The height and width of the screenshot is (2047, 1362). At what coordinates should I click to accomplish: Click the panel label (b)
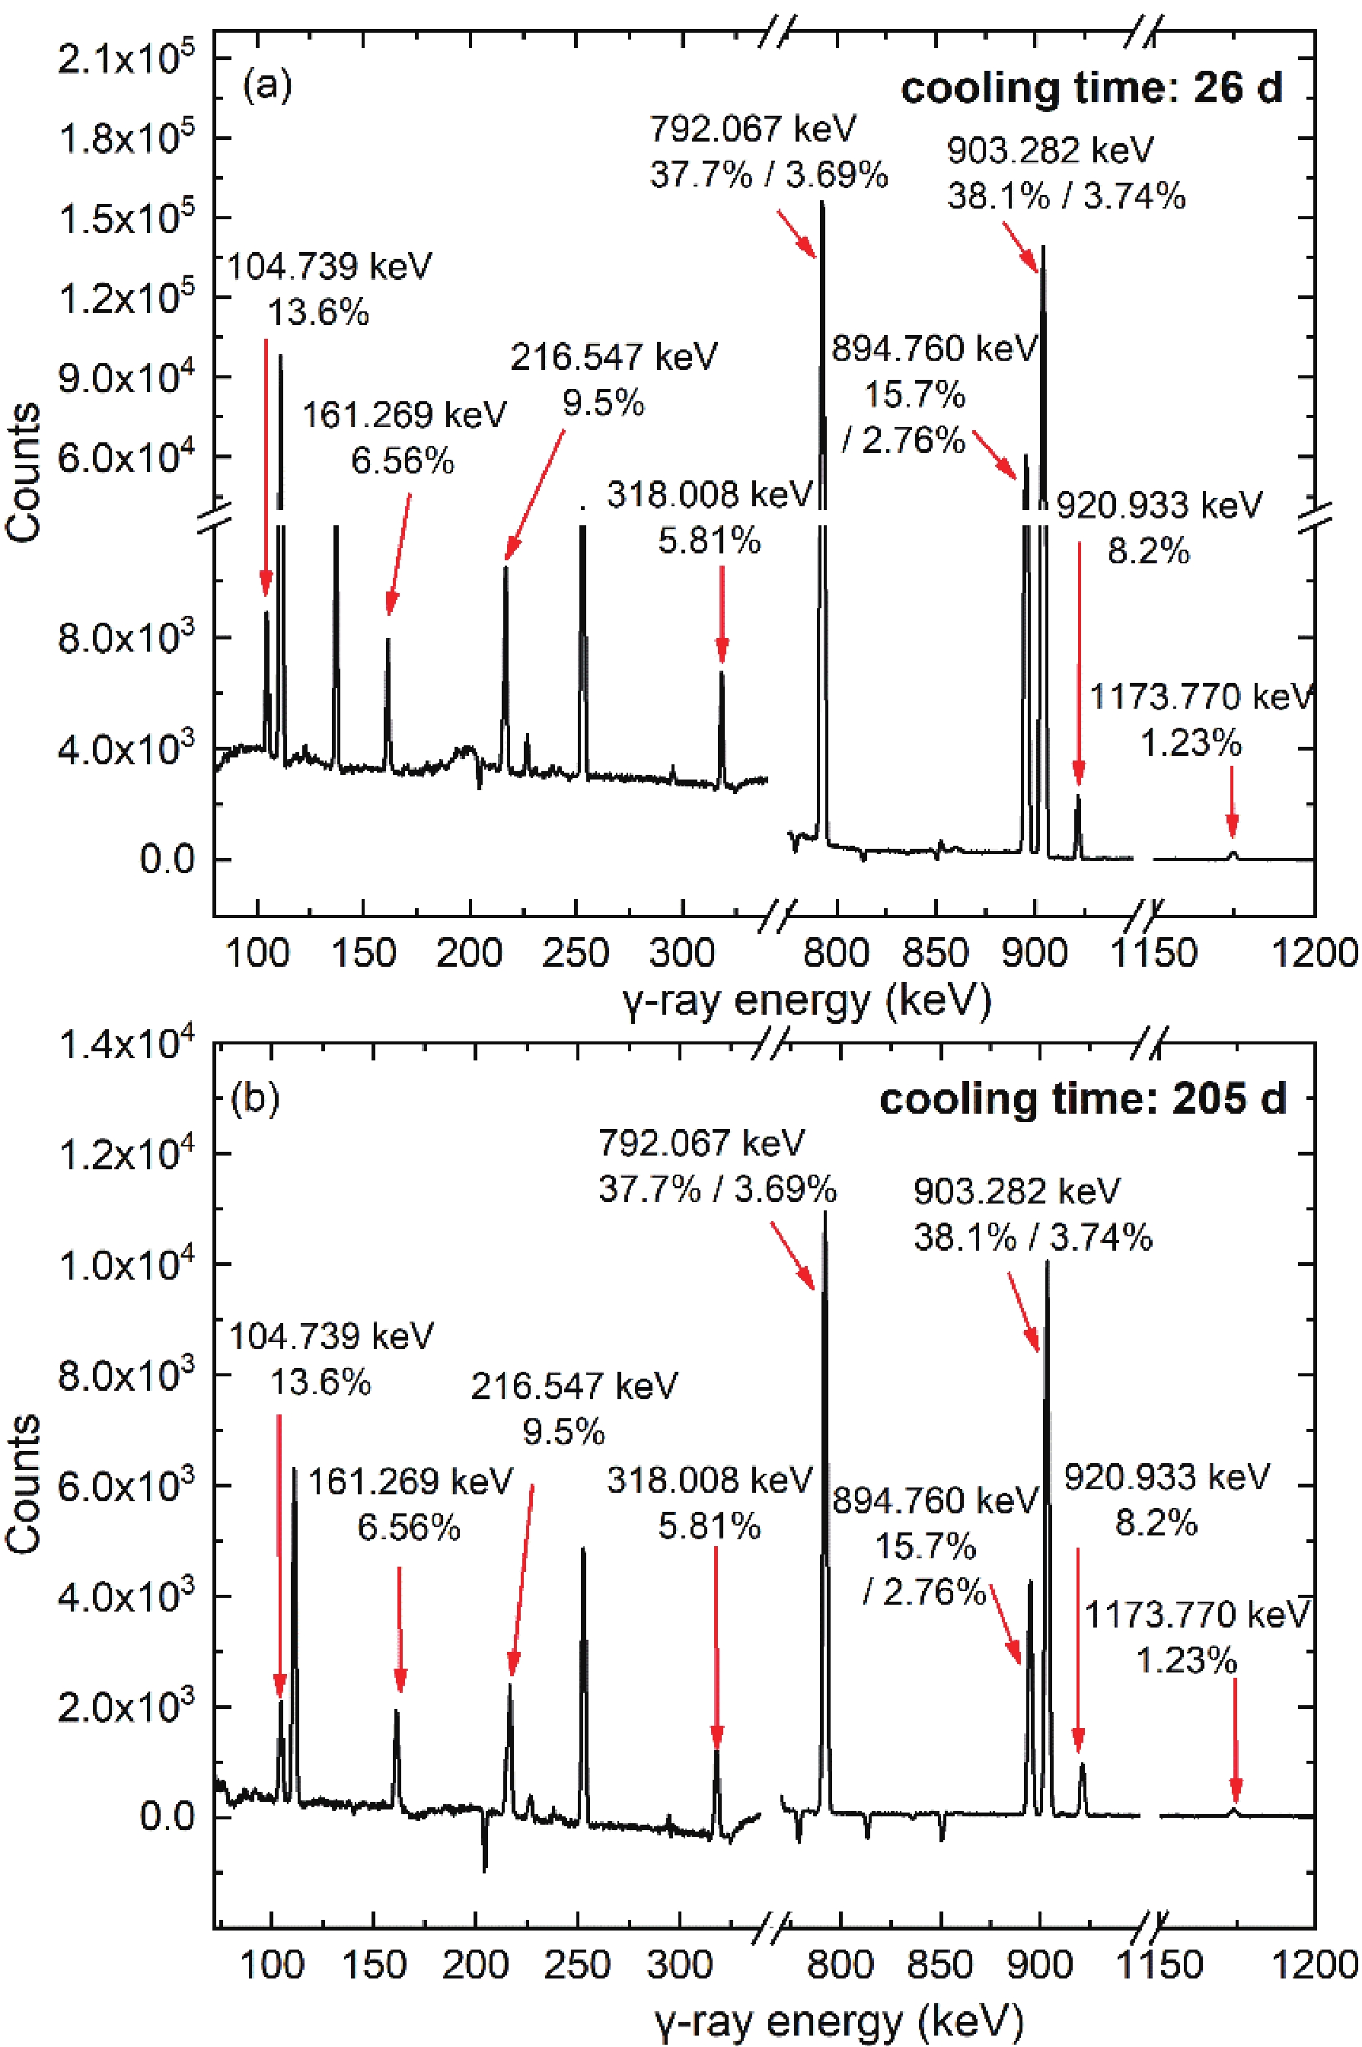[x=254, y=1098]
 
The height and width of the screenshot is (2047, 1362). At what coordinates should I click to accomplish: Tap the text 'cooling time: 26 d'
[x=1091, y=88]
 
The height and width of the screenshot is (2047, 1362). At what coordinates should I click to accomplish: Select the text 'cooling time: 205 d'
[x=1083, y=1099]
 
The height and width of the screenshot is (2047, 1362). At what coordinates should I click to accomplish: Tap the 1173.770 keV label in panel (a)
[x=1201, y=697]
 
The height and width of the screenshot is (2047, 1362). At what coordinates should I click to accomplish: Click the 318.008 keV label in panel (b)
[x=709, y=1480]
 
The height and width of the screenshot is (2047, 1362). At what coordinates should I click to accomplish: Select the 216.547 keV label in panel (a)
[x=614, y=356]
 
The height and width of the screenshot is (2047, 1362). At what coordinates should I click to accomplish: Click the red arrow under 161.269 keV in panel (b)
[x=400, y=1629]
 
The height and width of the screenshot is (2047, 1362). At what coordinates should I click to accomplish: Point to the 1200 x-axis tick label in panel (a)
[x=1313, y=953]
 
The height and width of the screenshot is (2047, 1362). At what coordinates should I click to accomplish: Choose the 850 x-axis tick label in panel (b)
[x=940, y=1965]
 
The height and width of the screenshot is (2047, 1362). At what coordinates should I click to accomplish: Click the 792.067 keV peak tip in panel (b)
[x=825, y=1213]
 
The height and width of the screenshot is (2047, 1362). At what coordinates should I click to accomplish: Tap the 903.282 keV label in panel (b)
[x=1016, y=1191]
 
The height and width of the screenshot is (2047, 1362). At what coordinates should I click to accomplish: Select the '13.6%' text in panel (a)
[x=318, y=312]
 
